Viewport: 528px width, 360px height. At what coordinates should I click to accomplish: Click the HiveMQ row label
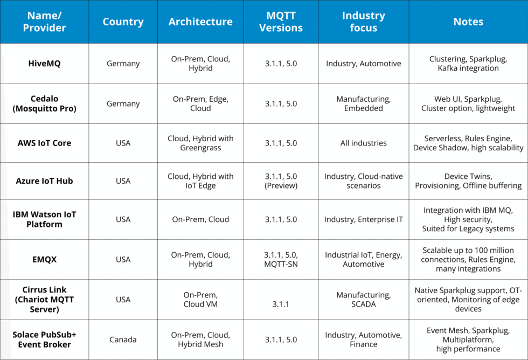point(44,64)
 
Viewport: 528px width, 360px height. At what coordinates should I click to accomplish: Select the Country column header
point(123,22)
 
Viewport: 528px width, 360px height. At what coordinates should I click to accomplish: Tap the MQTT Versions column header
point(281,22)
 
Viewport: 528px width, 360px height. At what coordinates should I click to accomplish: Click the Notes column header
point(468,22)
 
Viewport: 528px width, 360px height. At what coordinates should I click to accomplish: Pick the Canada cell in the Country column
point(123,340)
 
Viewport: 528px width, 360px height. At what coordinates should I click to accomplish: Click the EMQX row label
point(44,259)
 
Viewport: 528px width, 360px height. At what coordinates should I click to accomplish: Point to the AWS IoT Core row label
point(44,143)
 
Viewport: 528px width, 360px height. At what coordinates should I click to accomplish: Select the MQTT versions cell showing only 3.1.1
point(281,304)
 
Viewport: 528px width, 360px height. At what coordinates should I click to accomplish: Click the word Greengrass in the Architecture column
point(200,148)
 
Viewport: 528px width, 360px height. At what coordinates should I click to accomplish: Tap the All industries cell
point(363,143)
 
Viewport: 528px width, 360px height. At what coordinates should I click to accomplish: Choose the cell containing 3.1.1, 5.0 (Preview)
point(281,181)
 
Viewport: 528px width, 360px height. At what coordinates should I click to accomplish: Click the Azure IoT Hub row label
point(44,181)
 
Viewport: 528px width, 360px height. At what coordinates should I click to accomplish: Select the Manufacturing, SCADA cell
point(363,299)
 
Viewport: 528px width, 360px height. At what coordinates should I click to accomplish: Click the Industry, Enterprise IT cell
point(363,219)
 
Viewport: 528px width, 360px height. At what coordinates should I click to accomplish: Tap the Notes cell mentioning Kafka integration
point(468,64)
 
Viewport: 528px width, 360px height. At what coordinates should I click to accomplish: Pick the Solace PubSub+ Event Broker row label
point(44,340)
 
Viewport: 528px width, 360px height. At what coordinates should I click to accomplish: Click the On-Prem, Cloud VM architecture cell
point(200,299)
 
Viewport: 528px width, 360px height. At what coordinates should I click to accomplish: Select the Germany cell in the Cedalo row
point(123,103)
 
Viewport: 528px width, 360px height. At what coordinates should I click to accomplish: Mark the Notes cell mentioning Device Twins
point(468,181)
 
